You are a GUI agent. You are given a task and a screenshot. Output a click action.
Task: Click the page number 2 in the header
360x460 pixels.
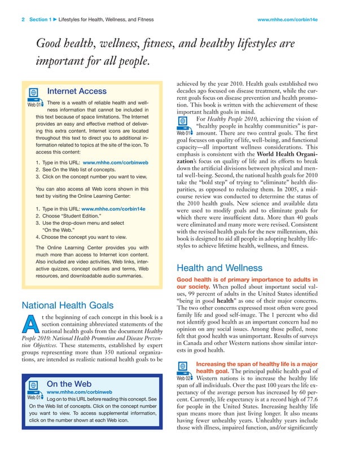click(23, 20)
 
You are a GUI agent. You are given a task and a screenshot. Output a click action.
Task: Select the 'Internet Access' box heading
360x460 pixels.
click(77, 91)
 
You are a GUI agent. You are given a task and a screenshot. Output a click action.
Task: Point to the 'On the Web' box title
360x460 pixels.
click(69, 384)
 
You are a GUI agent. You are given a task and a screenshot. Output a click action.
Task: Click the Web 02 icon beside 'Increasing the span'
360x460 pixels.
click(185, 370)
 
